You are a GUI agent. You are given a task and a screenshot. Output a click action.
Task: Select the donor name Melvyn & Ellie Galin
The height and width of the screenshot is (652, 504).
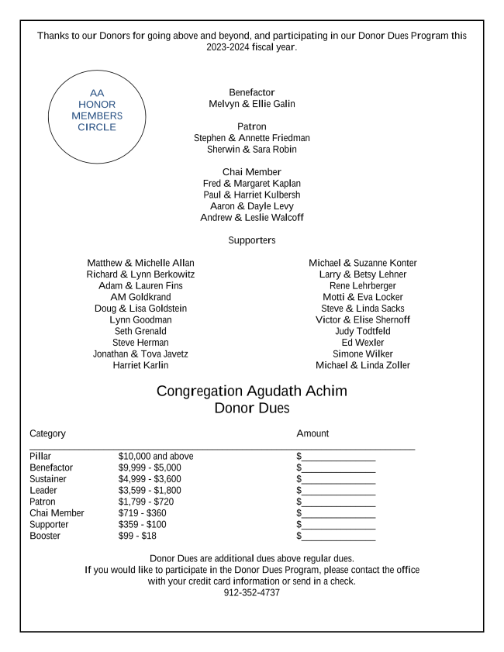pos(252,104)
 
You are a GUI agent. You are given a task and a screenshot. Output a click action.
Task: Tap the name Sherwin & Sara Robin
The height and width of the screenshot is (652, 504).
pos(252,150)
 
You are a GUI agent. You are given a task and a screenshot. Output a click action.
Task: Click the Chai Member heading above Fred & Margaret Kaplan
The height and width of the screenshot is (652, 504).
pos(252,172)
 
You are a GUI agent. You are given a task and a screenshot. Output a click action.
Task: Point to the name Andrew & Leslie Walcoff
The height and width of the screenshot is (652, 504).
pos(252,218)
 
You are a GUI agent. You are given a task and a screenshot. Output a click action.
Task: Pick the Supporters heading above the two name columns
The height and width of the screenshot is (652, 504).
pos(252,240)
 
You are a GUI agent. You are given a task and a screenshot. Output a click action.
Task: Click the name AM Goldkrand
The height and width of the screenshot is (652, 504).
pos(140,297)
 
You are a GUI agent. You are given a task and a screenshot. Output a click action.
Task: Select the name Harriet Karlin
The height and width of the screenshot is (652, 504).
pos(140,365)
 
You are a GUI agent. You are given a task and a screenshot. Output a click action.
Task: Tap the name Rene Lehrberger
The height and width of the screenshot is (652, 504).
pos(363,286)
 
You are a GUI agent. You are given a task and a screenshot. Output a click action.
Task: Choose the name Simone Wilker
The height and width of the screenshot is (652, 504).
pos(363,354)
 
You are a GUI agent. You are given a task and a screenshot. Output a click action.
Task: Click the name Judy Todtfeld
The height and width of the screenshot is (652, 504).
pos(363,331)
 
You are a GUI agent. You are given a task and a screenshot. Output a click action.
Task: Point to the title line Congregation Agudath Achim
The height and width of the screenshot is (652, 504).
pos(252,391)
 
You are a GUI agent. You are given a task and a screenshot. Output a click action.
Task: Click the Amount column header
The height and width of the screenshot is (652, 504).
pos(312,433)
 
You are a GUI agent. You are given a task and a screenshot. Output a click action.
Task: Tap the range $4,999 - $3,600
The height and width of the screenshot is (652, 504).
pos(150,479)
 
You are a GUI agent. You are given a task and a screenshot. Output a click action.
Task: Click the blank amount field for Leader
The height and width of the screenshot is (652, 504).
pos(338,491)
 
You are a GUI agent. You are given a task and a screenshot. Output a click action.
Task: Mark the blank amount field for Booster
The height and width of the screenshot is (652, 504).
pos(338,536)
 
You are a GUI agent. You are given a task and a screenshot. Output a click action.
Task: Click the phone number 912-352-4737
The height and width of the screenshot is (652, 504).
pos(252,593)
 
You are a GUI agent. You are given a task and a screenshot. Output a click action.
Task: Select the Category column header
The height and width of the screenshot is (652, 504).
pos(47,433)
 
